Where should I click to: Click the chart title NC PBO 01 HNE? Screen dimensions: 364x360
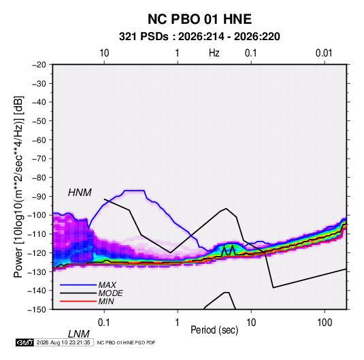(199, 19)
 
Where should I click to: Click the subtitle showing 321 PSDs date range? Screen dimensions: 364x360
(199, 37)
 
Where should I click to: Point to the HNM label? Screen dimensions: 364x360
(80, 193)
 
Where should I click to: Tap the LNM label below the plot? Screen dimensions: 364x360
(79, 334)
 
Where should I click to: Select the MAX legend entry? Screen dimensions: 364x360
(107, 284)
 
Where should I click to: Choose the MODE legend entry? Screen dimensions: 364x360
(110, 293)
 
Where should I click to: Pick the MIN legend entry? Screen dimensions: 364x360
(106, 301)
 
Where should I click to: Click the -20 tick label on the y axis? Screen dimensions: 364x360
(39, 65)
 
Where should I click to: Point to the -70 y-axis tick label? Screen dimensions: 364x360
(39, 159)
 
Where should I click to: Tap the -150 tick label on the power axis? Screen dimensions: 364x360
(37, 310)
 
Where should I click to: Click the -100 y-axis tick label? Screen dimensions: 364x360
(37, 215)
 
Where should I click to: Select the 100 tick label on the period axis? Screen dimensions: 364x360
(325, 322)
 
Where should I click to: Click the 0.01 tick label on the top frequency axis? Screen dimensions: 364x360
(324, 53)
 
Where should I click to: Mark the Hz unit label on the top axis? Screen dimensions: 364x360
(214, 53)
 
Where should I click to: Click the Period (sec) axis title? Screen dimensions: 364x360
(214, 330)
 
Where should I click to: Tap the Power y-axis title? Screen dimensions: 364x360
(18, 187)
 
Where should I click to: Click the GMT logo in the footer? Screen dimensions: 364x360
(24, 342)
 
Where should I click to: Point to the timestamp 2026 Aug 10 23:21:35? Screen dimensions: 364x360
(63, 342)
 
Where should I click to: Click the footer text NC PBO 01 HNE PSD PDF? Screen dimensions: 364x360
(126, 342)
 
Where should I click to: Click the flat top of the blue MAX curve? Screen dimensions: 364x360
(135, 191)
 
